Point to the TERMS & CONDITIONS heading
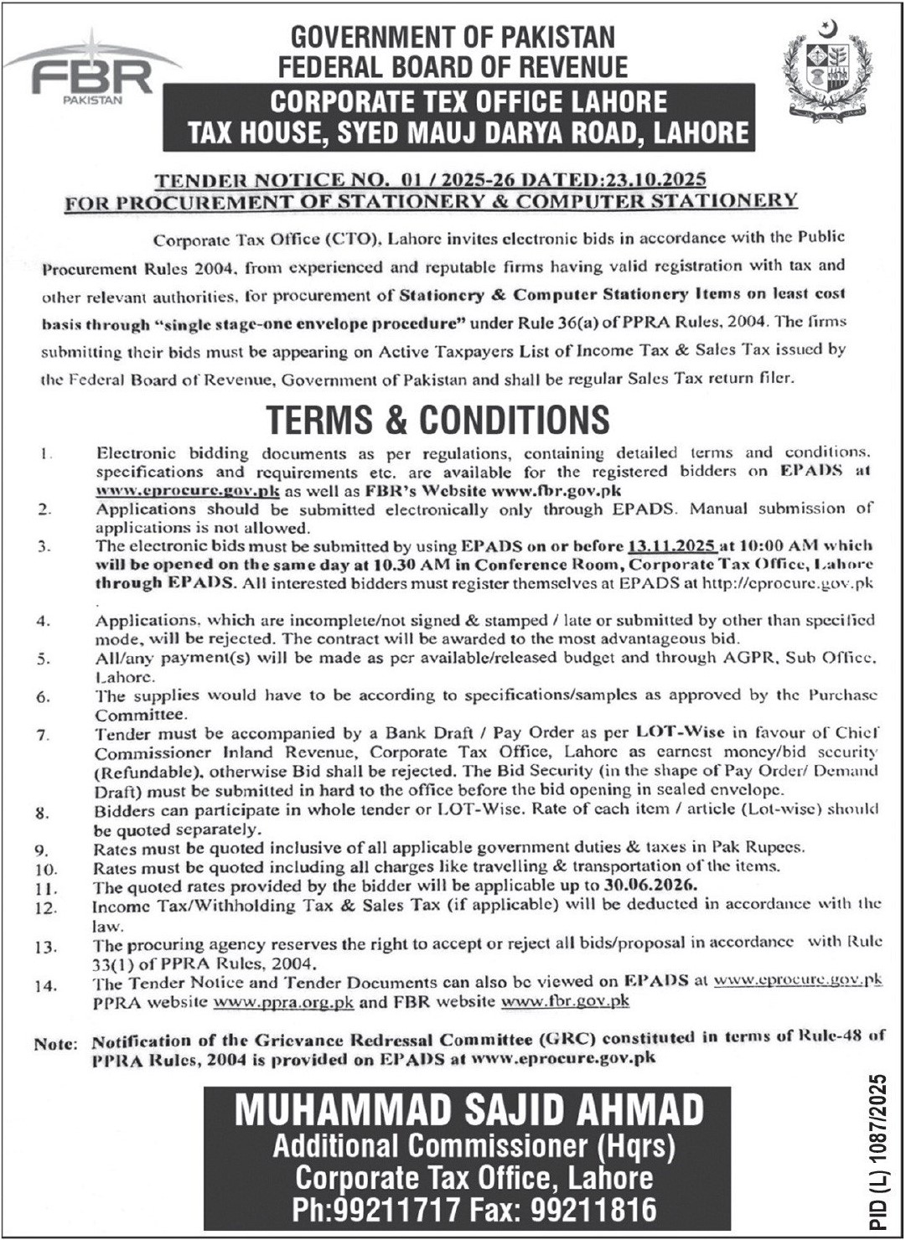point(437,418)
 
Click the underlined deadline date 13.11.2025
point(670,545)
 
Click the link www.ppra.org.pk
point(284,1001)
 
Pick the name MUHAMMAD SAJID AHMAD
point(469,1111)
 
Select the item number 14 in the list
point(45,985)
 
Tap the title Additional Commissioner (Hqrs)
point(474,1145)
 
